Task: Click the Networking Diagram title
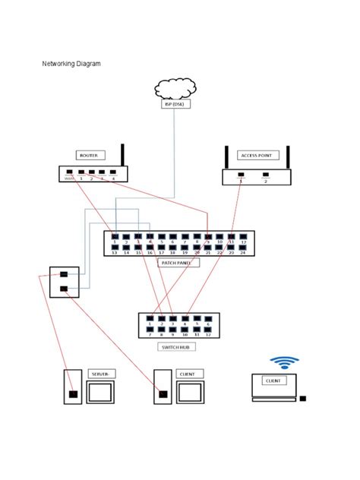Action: [71, 64]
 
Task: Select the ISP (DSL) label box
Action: [175, 104]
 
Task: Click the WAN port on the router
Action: [69, 173]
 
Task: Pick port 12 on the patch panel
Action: [243, 237]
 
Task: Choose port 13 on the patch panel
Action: [115, 247]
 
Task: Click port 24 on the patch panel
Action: [243, 247]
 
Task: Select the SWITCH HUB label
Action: [177, 347]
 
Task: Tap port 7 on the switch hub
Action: [150, 330]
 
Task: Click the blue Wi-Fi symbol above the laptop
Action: [285, 362]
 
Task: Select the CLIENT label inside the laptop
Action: [273, 380]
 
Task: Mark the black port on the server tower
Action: [73, 394]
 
